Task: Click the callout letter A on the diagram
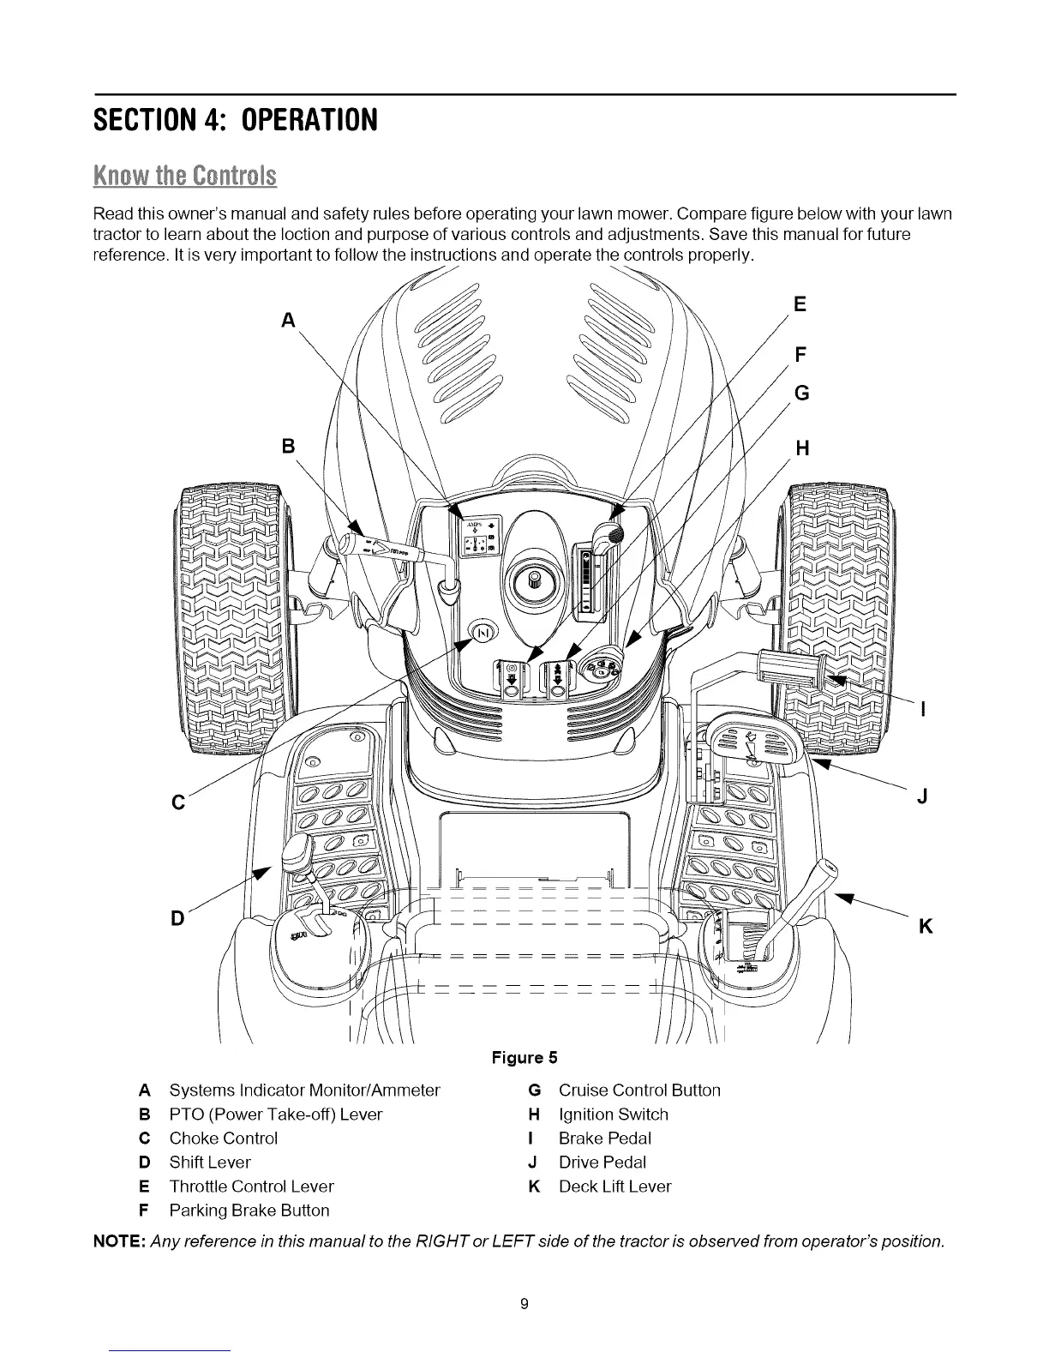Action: click(x=289, y=320)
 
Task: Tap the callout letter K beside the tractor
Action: click(x=925, y=927)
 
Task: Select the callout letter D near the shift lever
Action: click(x=177, y=918)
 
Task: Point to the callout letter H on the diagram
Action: click(x=802, y=448)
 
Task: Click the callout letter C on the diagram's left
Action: click(x=178, y=802)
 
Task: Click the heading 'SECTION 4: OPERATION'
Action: click(x=236, y=117)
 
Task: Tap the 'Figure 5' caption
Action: click(x=524, y=1057)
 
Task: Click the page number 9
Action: click(x=524, y=1305)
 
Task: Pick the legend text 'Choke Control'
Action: click(x=223, y=1139)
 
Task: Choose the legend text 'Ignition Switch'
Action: click(x=613, y=1115)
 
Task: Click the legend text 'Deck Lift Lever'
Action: click(x=614, y=1187)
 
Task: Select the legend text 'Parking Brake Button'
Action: click(x=249, y=1211)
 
